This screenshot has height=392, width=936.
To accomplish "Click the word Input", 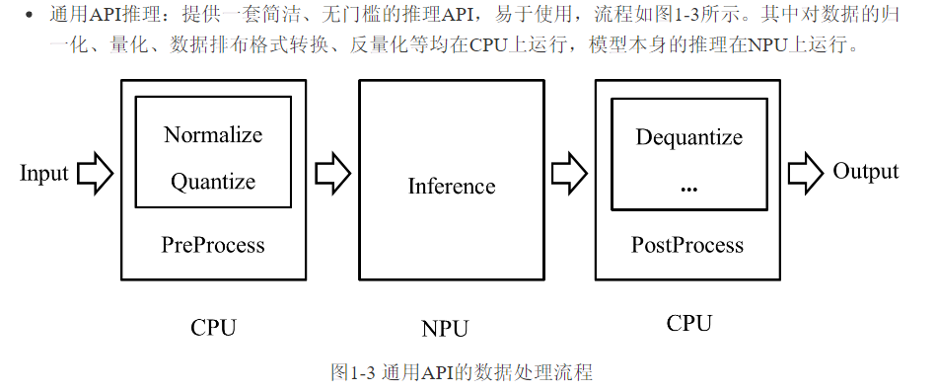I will tap(44, 174).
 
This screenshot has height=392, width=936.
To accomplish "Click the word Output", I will tap(866, 171).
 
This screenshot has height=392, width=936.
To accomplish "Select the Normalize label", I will tap(213, 134).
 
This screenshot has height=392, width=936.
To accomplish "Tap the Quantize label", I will tap(213, 182).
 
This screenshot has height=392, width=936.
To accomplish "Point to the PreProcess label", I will tap(213, 244).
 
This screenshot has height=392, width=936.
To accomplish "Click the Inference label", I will tap(452, 186).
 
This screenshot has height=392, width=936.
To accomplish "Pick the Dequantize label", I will tap(689, 137).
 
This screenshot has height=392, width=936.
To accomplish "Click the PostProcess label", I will tap(687, 244).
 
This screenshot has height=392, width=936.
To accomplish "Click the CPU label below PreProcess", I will tap(213, 328).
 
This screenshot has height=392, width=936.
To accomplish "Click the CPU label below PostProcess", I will tap(689, 323).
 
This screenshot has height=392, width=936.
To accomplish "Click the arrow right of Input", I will tap(96, 174).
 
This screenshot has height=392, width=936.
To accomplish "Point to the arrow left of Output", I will tap(805, 173).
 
